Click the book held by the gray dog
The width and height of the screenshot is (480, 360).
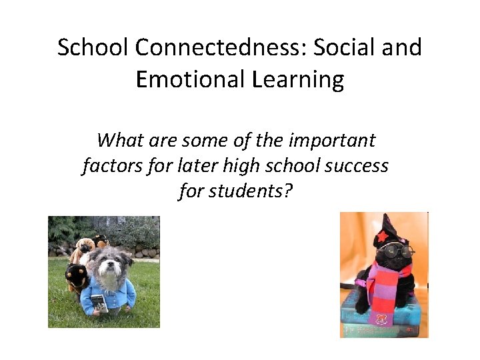tap(99, 303)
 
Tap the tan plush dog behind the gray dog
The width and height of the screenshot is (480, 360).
tap(82, 249)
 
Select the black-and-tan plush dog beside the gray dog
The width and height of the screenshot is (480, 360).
tap(77, 275)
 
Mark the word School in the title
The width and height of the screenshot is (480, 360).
tap(90, 48)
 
